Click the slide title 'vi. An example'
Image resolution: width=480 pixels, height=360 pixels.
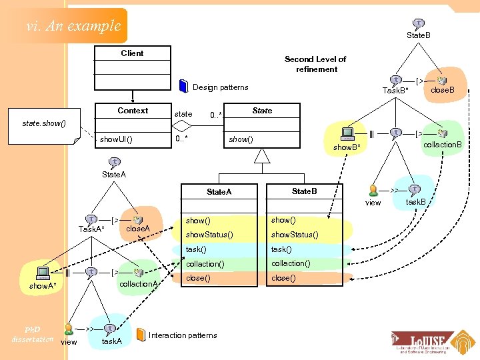click(73, 26)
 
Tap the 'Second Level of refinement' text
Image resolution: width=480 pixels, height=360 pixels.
click(316, 64)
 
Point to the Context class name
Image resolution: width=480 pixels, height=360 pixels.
click(133, 110)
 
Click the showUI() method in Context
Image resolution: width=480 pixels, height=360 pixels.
click(116, 139)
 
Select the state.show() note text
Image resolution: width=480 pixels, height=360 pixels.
click(44, 123)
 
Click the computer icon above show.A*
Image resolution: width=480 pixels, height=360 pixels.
click(43, 272)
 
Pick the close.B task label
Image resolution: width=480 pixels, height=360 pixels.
click(443, 89)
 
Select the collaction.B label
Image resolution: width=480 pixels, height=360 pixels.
click(443, 145)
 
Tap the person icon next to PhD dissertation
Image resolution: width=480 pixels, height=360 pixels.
click(69, 329)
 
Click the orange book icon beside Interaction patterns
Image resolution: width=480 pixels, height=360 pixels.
click(141, 335)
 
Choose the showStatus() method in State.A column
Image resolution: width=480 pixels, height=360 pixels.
click(209, 235)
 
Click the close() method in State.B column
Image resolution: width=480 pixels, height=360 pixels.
click(283, 278)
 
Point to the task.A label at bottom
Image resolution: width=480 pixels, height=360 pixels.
click(111, 341)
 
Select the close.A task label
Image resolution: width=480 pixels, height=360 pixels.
click(138, 229)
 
